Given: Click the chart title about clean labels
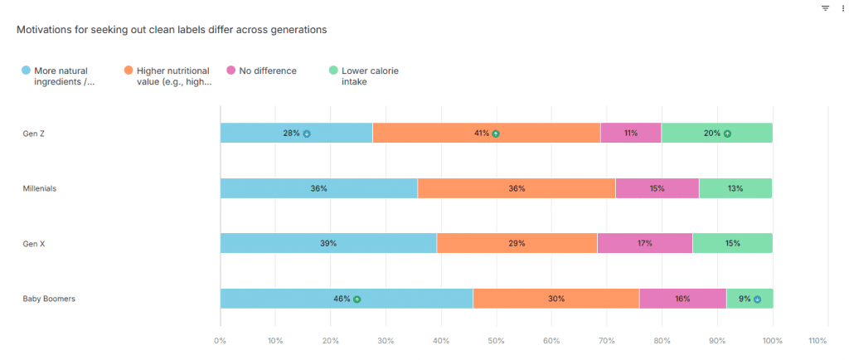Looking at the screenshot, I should [x=172, y=30].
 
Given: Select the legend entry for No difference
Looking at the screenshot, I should [x=267, y=71].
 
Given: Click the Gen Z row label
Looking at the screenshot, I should [x=34, y=134].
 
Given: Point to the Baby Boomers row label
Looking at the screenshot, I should [x=49, y=299].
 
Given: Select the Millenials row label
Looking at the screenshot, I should [x=40, y=188].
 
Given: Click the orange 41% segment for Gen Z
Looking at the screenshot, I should [x=486, y=133].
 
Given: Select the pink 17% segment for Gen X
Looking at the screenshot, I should [x=644, y=243].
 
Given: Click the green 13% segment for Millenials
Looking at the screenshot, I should [x=735, y=188].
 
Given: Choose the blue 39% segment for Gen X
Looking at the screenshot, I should [x=328, y=243].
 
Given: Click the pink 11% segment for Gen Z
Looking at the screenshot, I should [x=631, y=133].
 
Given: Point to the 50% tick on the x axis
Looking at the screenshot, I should [x=496, y=340].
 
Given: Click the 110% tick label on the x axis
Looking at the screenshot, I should [x=817, y=340].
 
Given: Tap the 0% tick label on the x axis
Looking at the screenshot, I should [x=220, y=340].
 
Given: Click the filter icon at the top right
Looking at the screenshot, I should [x=825, y=7].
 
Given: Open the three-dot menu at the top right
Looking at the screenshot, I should [x=842, y=7].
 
